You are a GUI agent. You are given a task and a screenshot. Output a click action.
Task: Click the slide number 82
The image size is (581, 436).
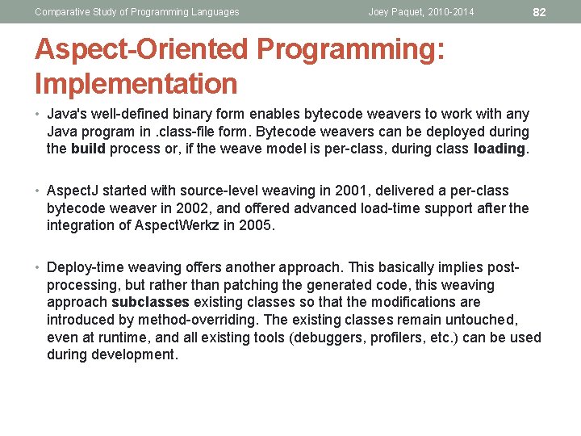[541, 12]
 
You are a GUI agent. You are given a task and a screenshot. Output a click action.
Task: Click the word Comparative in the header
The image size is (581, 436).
[61, 12]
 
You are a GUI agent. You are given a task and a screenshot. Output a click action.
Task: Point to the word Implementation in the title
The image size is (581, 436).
[136, 84]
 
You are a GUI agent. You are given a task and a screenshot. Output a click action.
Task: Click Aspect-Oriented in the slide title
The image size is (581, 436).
[142, 49]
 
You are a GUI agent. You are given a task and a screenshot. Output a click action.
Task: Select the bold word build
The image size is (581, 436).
[88, 149]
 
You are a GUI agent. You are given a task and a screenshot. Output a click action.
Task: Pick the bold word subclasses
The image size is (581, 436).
[150, 302]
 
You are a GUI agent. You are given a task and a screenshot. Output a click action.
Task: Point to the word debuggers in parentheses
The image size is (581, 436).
[328, 337]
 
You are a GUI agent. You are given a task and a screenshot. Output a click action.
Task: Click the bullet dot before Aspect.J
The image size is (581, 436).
[39, 191]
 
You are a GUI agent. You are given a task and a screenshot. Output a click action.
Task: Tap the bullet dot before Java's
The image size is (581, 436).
[39, 113]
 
